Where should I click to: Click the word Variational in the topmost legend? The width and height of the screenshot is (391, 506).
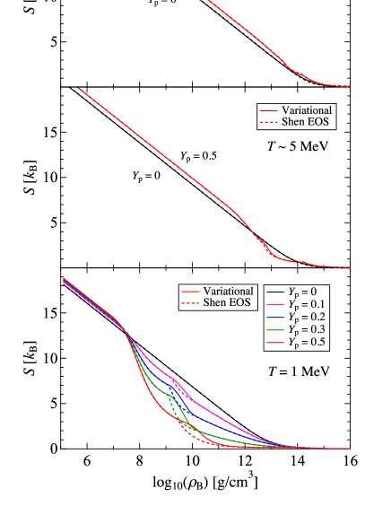coord(308,110)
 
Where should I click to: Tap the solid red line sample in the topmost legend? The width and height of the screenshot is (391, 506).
coord(269,111)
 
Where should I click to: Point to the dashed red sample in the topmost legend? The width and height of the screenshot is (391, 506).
coord(269,123)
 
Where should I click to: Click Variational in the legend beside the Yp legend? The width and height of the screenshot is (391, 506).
coord(229,292)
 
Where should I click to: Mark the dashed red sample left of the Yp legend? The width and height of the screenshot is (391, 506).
coord(190,304)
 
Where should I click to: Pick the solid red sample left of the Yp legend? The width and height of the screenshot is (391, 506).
coord(190,292)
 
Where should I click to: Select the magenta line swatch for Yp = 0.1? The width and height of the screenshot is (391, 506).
coord(275,305)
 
